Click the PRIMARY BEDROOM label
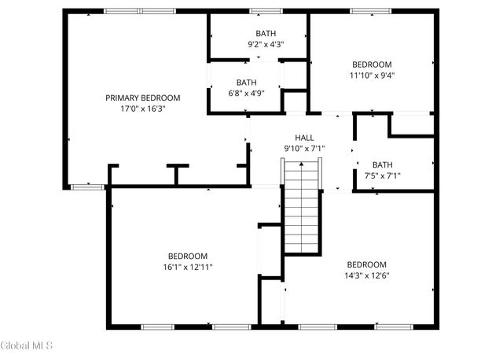click(143, 98)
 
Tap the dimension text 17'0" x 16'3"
click(143, 109)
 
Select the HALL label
click(304, 138)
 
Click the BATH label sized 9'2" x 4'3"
click(266, 34)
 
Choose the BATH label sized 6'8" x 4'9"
click(246, 83)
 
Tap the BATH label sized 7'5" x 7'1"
click(382, 164)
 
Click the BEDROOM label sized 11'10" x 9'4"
click(372, 65)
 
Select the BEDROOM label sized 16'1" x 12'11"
click(187, 257)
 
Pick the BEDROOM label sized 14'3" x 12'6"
click(366, 264)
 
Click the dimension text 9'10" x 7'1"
click(304, 148)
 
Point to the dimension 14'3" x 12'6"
click(366, 275)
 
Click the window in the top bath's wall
click(266, 11)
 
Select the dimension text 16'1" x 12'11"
click(187, 268)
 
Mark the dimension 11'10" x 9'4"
click(372, 76)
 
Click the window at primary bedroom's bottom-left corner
click(88, 187)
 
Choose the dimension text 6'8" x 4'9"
click(246, 93)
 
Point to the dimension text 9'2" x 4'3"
click(266, 45)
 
